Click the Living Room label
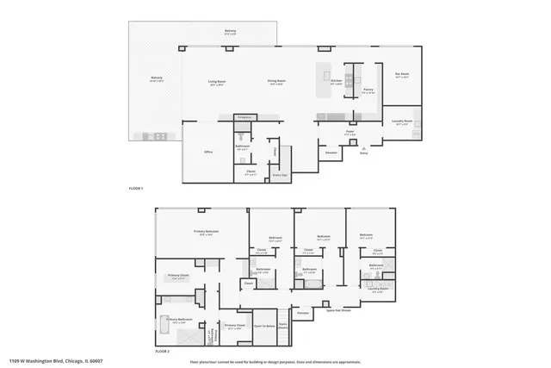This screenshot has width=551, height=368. click(x=216, y=83)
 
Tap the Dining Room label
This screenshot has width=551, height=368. click(x=276, y=83)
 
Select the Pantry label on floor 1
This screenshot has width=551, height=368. click(x=368, y=90)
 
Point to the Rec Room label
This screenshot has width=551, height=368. click(x=401, y=75)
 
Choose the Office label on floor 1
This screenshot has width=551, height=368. click(x=208, y=152)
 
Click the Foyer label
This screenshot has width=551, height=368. click(x=350, y=133)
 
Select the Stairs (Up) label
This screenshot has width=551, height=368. click(x=280, y=175)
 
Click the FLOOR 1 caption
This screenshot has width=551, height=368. click(x=136, y=188)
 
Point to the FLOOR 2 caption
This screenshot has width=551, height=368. click(x=162, y=352)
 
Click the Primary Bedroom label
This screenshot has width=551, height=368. click(x=206, y=232)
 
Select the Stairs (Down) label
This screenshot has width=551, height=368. click(x=283, y=325)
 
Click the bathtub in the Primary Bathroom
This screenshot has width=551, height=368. click(x=166, y=332)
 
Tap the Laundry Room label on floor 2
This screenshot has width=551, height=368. click(x=376, y=290)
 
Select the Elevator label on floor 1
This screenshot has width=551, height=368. click(x=331, y=153)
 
